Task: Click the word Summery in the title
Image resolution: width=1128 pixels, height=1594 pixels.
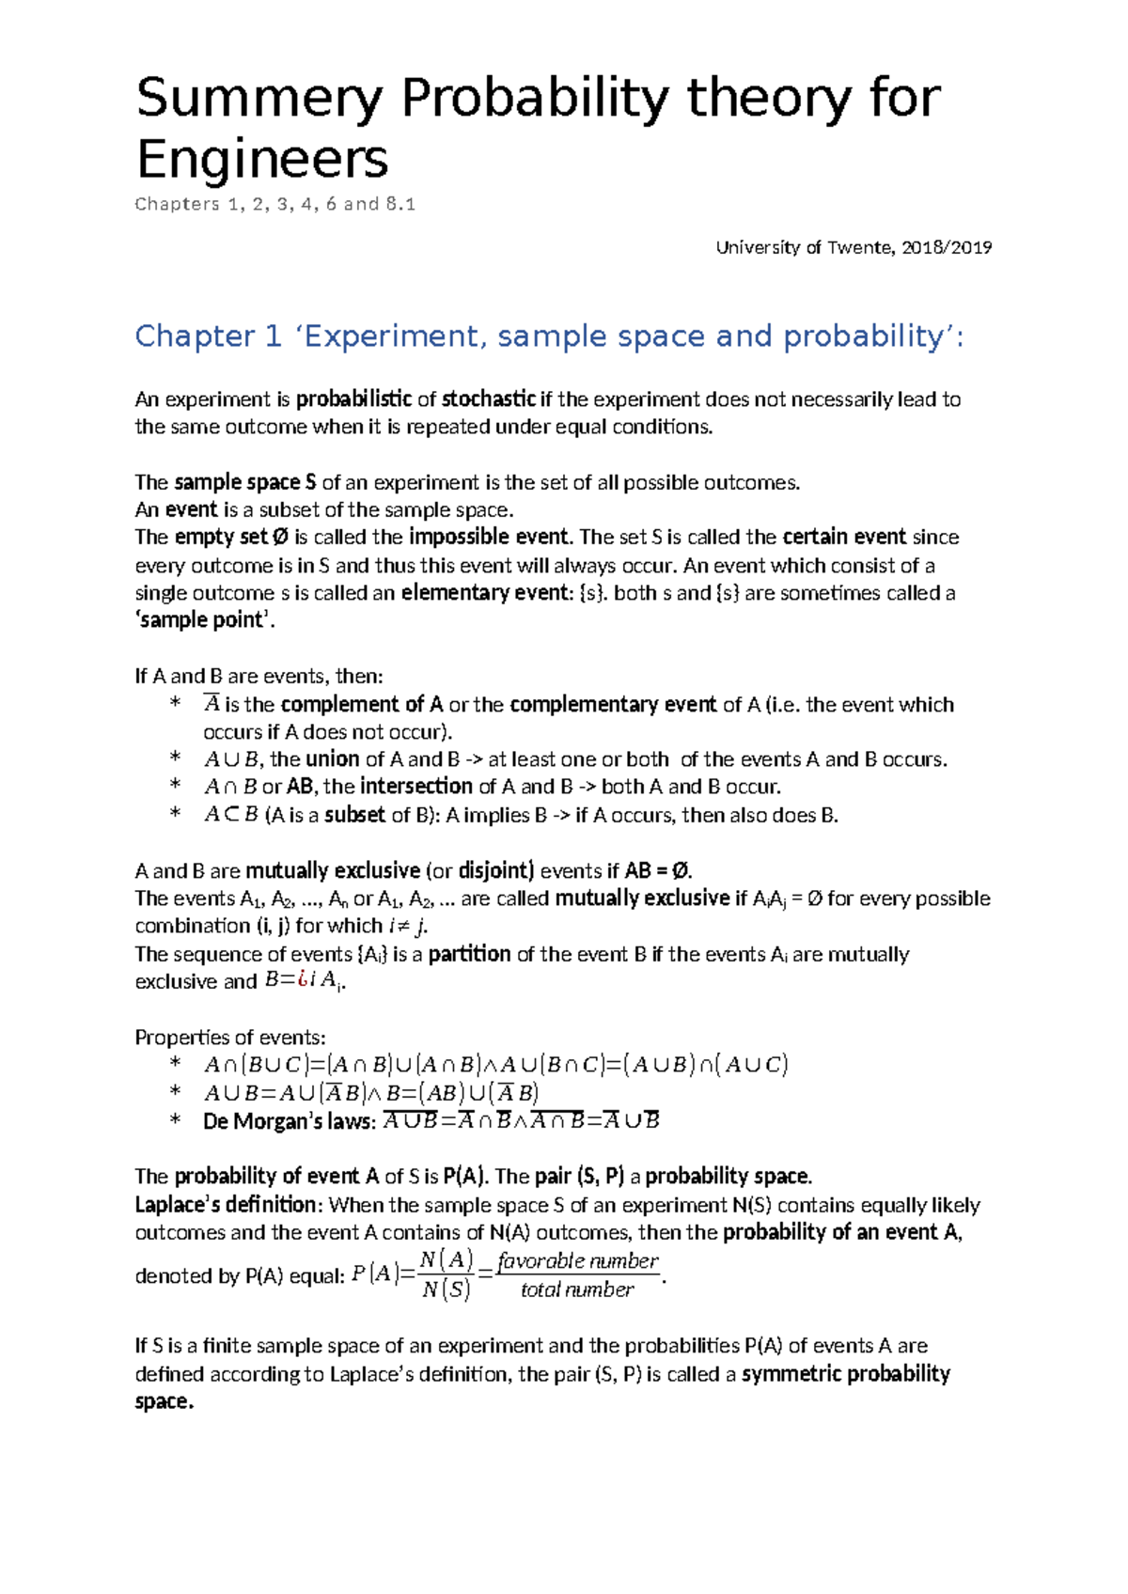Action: pos(259,99)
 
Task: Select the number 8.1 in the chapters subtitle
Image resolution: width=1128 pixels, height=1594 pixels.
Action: pos(400,204)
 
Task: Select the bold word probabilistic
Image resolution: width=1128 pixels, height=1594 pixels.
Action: pos(353,399)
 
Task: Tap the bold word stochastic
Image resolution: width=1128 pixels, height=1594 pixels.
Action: pos(489,399)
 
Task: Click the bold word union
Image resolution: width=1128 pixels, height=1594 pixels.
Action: pos(333,759)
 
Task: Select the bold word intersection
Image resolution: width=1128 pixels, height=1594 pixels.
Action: pos(416,787)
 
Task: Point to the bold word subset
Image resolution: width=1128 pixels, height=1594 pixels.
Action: pos(354,815)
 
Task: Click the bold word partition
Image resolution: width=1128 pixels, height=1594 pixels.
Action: pos(469,954)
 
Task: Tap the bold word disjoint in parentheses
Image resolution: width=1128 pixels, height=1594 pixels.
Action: pos(495,870)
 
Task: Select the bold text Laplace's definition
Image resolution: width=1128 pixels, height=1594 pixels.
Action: pos(227,1205)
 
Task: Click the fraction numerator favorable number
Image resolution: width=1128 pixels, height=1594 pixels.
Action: pos(578,1261)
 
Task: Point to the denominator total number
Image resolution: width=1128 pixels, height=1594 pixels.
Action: pos(577,1290)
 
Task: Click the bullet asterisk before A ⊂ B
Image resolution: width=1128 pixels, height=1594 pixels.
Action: pos(174,814)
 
